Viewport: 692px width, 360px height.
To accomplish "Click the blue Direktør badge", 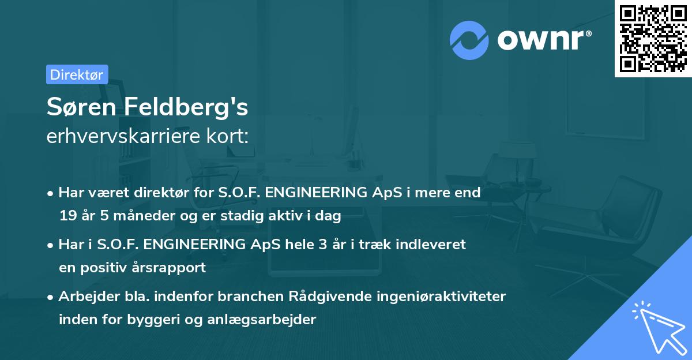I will pyautogui.click(x=77, y=74).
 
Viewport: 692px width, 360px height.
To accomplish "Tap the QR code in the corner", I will pyautogui.click(x=653, y=39).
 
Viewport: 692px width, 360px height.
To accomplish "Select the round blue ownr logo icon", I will pyautogui.click(x=469, y=40).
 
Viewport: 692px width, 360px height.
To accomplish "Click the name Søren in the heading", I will pyautogui.click(x=80, y=107).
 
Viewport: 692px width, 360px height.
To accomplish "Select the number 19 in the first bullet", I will pyautogui.click(x=67, y=216).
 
